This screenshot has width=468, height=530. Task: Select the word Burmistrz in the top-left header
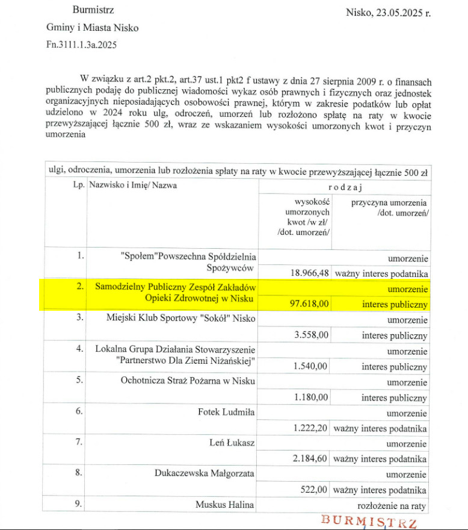[x=93, y=10]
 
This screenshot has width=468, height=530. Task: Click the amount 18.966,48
[x=309, y=273]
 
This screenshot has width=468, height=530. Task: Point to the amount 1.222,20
[x=310, y=428]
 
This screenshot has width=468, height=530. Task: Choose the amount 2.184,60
[x=310, y=459]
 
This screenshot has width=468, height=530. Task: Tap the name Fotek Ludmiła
[x=226, y=413]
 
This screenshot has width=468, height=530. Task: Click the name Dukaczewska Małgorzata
[x=205, y=474]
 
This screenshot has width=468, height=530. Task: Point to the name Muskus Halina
[x=224, y=505]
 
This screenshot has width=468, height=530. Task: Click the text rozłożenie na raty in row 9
[x=392, y=505]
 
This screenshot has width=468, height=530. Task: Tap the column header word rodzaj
[x=345, y=187]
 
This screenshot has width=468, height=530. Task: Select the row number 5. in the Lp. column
[x=79, y=381]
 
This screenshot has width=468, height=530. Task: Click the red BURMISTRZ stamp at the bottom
[x=369, y=520]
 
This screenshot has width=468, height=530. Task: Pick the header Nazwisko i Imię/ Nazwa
[x=133, y=185]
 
